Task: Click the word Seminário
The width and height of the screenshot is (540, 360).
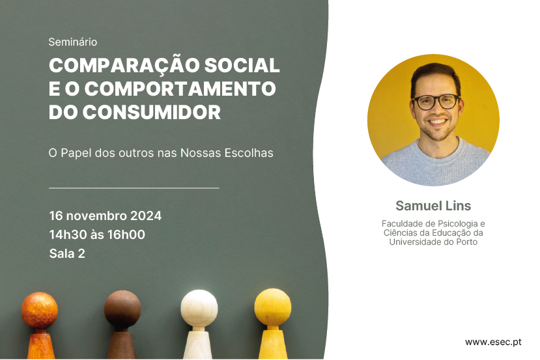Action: click(x=73, y=42)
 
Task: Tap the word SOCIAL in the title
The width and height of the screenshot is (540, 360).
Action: click(x=242, y=65)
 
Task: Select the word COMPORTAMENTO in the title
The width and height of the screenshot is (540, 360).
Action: click(x=180, y=89)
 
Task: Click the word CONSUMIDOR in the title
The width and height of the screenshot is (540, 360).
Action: click(x=152, y=112)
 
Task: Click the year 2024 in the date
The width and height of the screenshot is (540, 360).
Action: click(x=146, y=215)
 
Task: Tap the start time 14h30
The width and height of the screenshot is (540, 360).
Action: click(x=68, y=235)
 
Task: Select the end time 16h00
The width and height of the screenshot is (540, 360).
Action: click(x=126, y=235)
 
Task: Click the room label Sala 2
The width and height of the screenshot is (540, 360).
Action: click(x=67, y=254)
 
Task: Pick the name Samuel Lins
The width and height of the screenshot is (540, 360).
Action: click(x=433, y=206)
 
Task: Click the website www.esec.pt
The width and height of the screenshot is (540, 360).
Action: click(x=493, y=342)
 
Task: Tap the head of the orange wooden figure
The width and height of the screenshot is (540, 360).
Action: click(x=40, y=311)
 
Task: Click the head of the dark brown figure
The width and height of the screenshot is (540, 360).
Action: click(x=122, y=309)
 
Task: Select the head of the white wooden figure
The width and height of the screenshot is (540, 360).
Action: click(x=199, y=308)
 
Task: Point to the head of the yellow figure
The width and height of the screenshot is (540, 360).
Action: click(x=273, y=307)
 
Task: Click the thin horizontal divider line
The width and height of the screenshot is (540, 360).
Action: click(x=134, y=188)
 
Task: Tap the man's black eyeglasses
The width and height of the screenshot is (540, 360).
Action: click(x=436, y=102)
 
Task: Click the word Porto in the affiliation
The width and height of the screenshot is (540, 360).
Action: click(x=467, y=242)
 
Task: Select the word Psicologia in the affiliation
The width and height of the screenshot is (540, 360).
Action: click(x=457, y=224)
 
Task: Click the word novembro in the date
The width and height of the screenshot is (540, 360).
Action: click(x=96, y=215)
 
